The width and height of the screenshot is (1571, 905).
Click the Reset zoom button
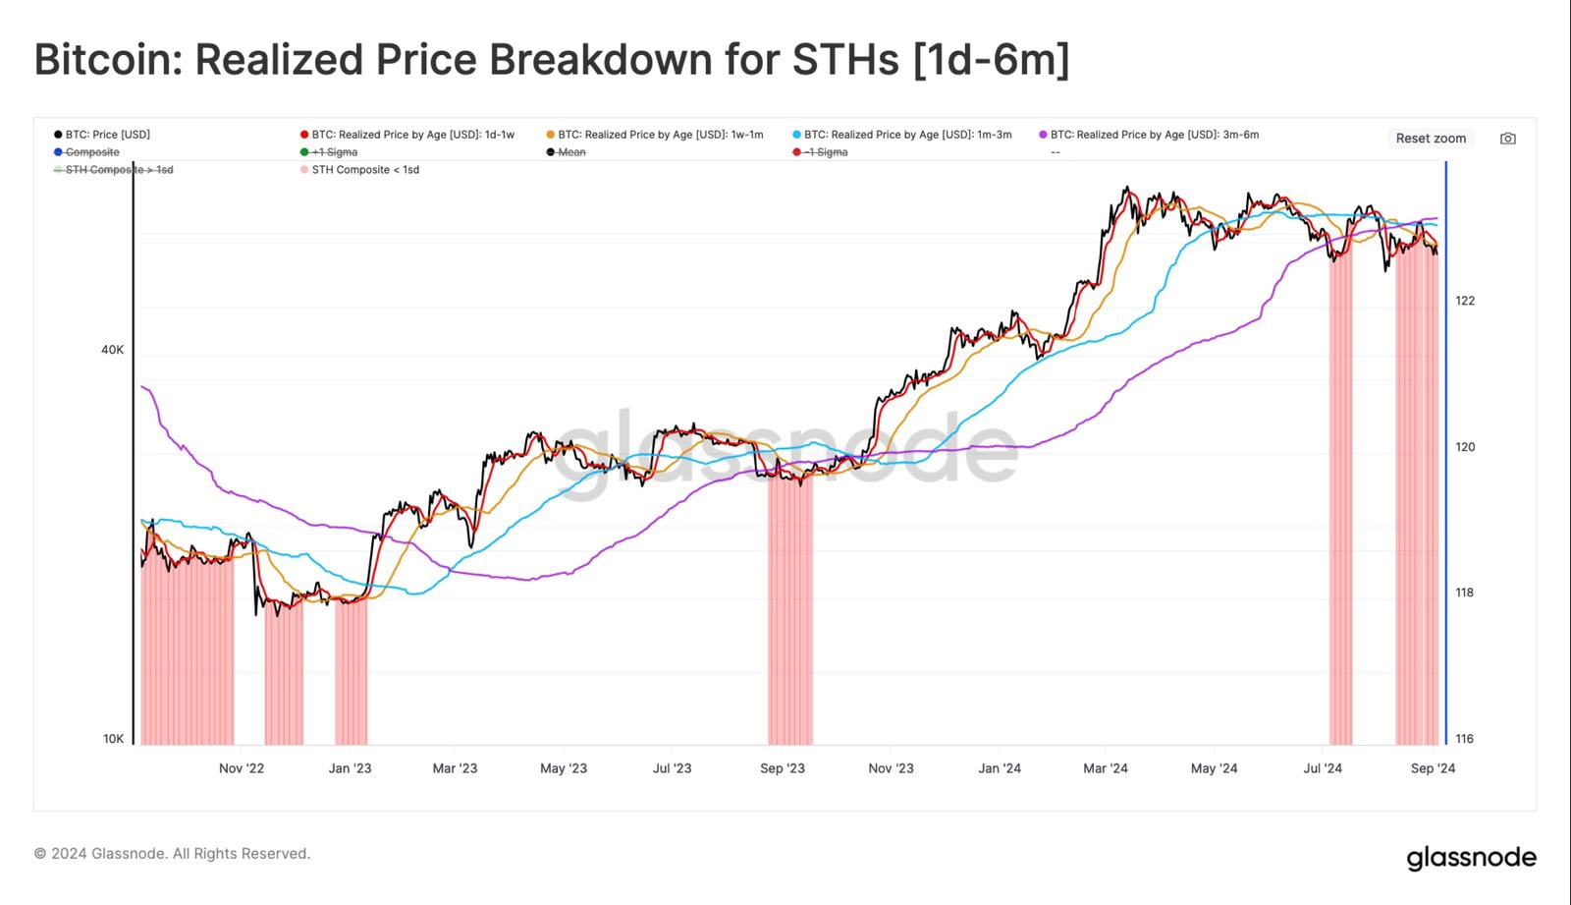click(1431, 139)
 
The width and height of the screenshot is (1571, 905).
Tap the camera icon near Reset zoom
click(1508, 139)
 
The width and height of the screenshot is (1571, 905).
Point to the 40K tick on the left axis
click(112, 350)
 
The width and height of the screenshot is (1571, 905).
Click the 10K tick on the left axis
click(113, 739)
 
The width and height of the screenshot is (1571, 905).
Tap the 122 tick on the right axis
click(1465, 301)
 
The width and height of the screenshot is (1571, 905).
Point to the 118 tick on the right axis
click(1465, 593)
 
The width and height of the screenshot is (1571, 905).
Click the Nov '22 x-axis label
click(242, 768)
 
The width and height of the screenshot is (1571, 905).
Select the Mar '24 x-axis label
click(1106, 768)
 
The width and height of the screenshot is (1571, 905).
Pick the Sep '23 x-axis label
click(783, 768)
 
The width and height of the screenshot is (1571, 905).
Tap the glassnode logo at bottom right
click(1471, 858)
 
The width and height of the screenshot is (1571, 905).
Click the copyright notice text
click(173, 854)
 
